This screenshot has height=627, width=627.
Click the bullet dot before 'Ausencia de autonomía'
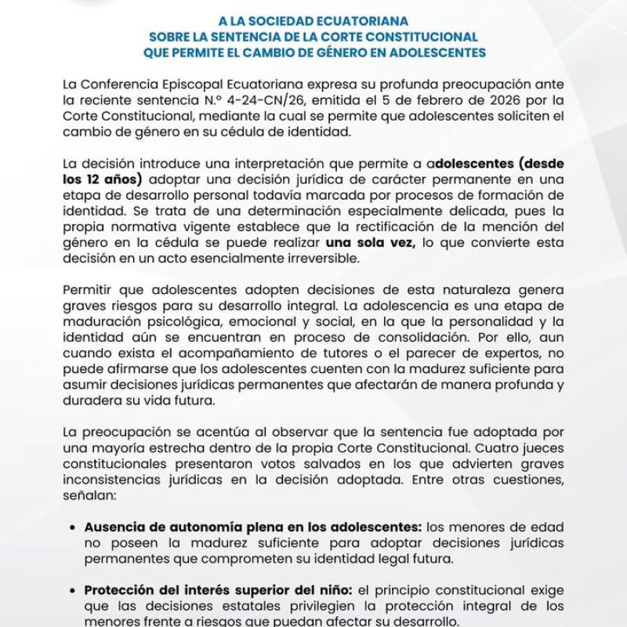click(73, 529)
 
